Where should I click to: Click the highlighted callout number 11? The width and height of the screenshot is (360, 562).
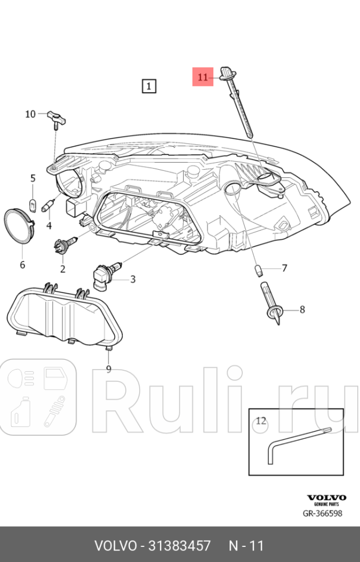click(x=203, y=76)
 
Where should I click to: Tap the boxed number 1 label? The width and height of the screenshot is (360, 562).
click(x=149, y=86)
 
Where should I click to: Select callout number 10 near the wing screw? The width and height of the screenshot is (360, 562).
click(x=31, y=114)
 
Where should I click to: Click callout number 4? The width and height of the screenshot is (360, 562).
click(x=49, y=225)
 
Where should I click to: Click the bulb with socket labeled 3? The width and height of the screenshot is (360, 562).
click(x=106, y=273)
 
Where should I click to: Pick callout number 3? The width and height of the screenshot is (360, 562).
click(x=133, y=279)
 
